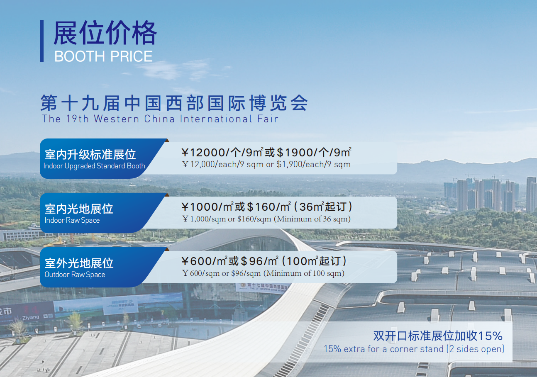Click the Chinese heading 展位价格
(105, 33)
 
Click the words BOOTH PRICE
(103, 56)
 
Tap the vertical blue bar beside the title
(42, 41)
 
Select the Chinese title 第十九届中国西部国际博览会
(174, 103)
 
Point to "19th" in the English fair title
(77, 119)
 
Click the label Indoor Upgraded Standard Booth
(94, 166)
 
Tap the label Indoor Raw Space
(72, 220)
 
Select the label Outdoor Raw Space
(75, 275)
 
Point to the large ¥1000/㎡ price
(207, 207)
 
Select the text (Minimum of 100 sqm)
(304, 273)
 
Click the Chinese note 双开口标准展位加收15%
(438, 336)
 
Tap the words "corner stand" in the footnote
(417, 349)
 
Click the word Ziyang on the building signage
(31, 318)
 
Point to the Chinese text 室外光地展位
(79, 263)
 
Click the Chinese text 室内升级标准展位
(90, 154)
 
